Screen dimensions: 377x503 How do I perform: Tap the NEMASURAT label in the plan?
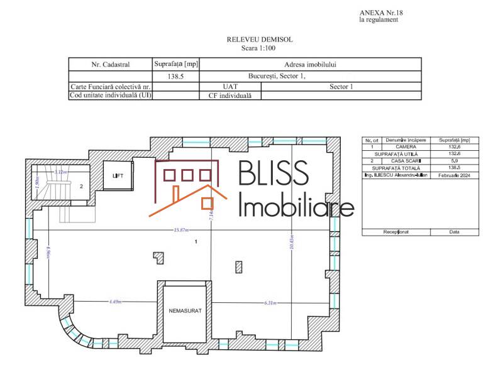185,311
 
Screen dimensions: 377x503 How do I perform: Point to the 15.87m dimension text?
183,230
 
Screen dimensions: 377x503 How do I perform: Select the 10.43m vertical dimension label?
291,243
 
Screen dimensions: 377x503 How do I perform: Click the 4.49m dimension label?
115,302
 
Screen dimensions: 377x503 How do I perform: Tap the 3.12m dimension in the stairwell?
61,172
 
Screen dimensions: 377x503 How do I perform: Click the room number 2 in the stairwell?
81,187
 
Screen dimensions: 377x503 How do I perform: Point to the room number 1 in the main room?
196,241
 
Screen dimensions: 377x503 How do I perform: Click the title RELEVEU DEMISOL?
260,40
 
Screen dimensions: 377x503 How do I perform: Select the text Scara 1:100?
260,48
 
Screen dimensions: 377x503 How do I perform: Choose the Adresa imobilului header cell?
310,64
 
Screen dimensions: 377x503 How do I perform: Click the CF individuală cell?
229,96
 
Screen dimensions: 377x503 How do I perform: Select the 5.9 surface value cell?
455,161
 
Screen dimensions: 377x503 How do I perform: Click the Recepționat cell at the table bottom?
396,232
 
